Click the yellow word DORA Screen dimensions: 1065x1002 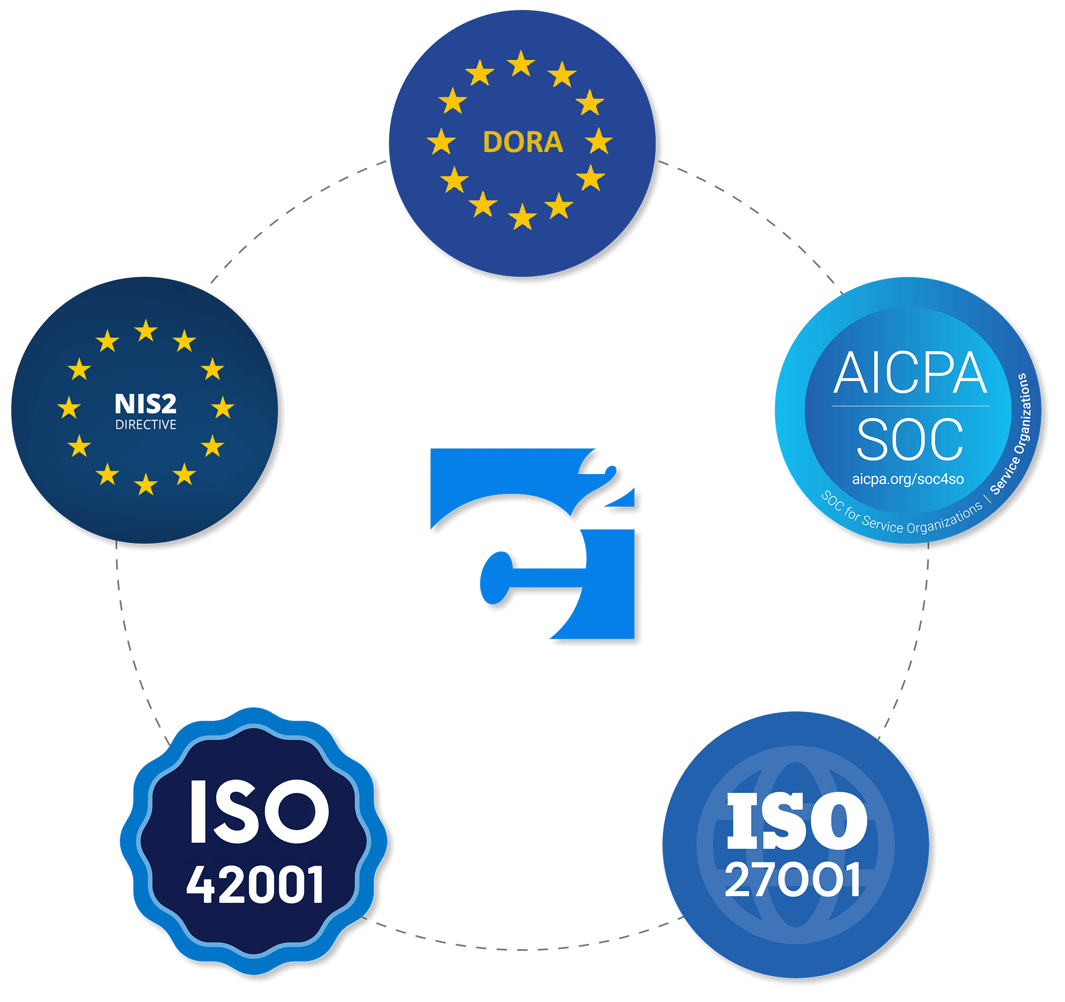click(523, 142)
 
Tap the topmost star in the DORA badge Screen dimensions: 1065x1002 click(521, 64)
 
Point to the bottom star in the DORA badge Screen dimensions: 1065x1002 click(522, 217)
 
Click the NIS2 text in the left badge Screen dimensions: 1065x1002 click(145, 403)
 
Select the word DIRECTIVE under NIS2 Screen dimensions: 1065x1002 click(145, 425)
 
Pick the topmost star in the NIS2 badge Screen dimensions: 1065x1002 click(146, 331)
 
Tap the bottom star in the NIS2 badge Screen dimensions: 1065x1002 click(146, 484)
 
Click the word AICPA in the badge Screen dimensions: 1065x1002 click(910, 373)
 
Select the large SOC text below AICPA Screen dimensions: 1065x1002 click(910, 439)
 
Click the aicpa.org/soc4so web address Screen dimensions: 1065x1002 click(908, 479)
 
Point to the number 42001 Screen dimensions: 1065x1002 click(256, 885)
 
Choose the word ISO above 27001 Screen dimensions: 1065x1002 click(797, 820)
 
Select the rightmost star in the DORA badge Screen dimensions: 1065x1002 click(599, 142)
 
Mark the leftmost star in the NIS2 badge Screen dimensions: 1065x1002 click(69, 407)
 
